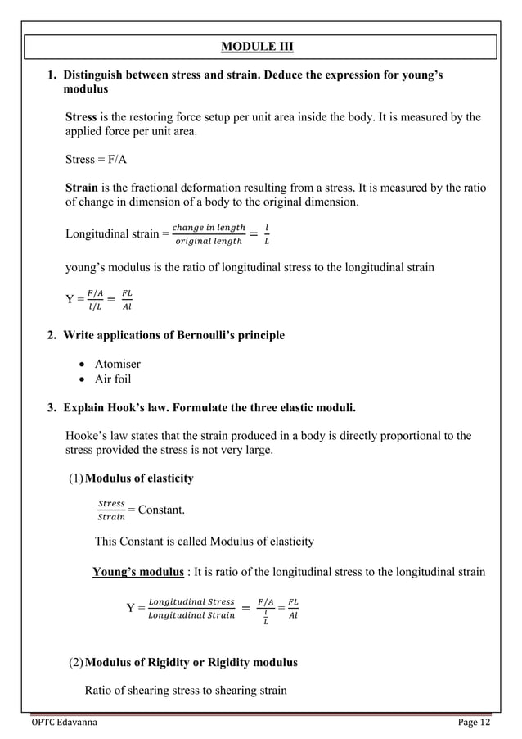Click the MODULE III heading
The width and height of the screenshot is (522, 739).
(x=260, y=44)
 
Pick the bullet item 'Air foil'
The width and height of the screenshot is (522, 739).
(x=112, y=379)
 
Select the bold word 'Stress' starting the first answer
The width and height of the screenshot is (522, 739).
(x=81, y=117)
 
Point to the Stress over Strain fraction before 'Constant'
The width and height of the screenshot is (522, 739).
(x=111, y=510)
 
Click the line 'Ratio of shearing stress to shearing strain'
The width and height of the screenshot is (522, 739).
(x=186, y=690)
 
